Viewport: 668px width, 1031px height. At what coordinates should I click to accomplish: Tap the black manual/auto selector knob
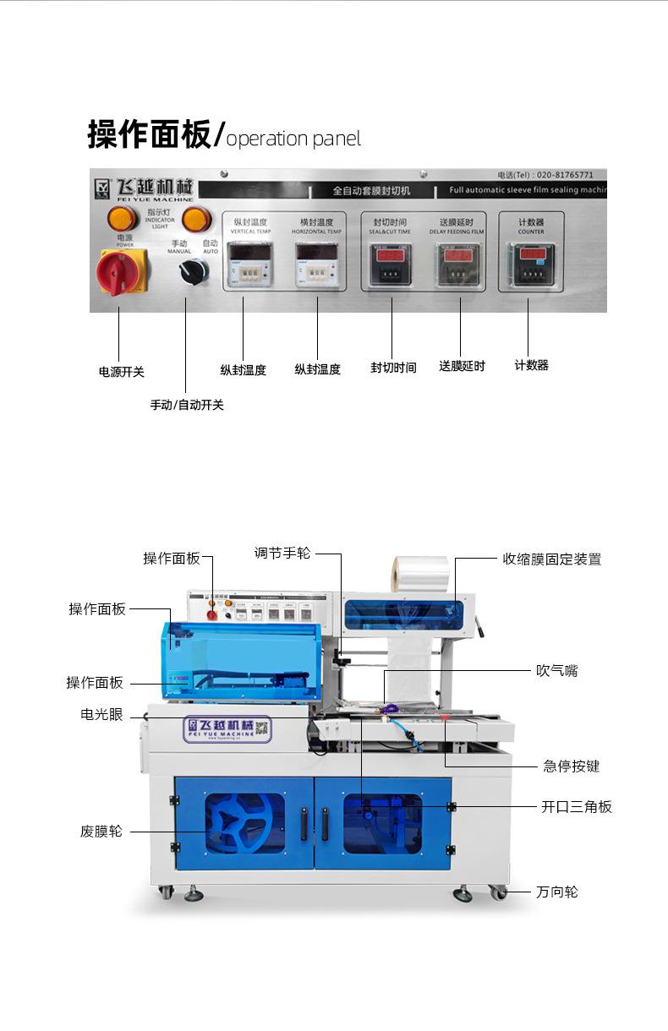(x=193, y=271)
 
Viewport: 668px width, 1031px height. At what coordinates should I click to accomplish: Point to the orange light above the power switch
(x=123, y=219)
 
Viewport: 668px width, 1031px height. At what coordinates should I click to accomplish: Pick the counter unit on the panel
(x=531, y=264)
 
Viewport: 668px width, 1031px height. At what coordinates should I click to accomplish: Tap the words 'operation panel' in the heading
(x=293, y=139)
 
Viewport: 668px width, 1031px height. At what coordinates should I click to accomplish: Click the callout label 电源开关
(x=122, y=372)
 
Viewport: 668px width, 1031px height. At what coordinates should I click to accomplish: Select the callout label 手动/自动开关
(x=187, y=405)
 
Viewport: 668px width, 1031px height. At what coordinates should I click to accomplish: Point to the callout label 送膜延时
(x=462, y=366)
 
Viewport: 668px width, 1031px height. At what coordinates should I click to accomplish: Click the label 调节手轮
(x=282, y=553)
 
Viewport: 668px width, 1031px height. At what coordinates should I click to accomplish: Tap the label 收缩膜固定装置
(x=551, y=559)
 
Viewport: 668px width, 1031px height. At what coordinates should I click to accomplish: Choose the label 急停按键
(x=571, y=766)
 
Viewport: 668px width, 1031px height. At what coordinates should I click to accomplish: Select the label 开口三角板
(x=576, y=806)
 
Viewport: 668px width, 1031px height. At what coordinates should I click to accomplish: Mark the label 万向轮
(x=556, y=892)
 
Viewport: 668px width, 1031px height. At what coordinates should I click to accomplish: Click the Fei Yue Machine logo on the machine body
(x=227, y=728)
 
